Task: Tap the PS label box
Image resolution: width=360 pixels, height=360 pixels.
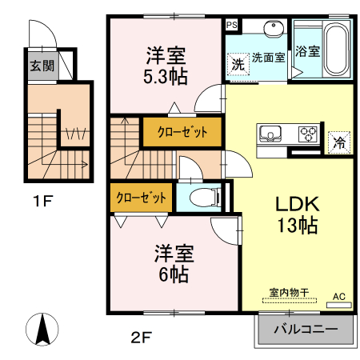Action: (232, 25)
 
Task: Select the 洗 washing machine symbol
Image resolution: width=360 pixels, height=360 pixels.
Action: (238, 62)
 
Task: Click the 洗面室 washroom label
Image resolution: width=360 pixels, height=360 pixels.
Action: (268, 58)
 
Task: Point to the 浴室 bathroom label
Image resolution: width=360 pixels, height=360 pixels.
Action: (308, 52)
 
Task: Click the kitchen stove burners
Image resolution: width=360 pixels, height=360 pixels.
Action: (307, 134)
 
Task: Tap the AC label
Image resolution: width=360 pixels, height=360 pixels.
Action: (338, 296)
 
